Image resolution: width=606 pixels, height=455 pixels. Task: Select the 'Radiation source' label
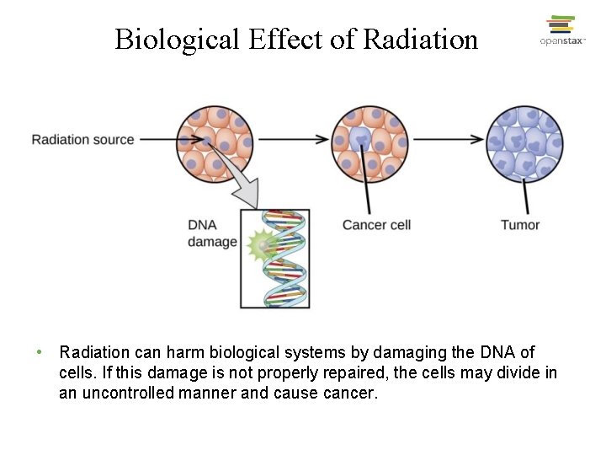82,139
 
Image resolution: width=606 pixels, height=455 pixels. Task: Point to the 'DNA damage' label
211,233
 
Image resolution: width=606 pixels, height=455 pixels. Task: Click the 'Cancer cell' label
376,225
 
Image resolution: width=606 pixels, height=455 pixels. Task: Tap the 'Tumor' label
519,225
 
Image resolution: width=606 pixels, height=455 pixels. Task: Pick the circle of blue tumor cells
525,142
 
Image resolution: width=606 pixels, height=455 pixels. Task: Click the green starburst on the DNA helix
263,245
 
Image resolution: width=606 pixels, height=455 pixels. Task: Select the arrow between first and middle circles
291,139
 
